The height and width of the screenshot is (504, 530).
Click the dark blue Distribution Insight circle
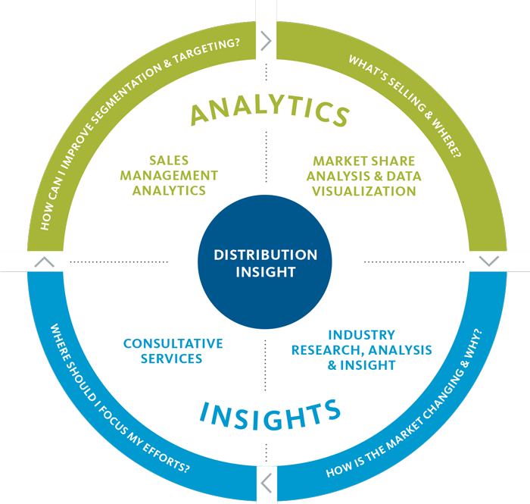[x=265, y=261]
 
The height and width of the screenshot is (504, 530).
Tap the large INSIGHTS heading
[x=270, y=415]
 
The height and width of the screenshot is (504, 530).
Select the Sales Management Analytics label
[x=169, y=176]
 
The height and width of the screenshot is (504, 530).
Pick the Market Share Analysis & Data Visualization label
[x=364, y=177]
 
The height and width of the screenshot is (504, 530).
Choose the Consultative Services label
[x=173, y=351]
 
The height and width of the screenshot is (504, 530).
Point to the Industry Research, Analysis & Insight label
[x=362, y=350]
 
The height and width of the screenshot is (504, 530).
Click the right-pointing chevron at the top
[x=266, y=41]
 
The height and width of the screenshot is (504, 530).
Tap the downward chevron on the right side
[x=489, y=261]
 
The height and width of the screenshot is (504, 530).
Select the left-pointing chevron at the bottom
[x=267, y=484]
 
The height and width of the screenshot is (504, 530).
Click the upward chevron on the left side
[x=44, y=262]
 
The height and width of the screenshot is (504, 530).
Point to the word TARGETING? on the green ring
[x=207, y=51]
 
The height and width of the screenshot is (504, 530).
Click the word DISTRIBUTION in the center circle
[x=266, y=255]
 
